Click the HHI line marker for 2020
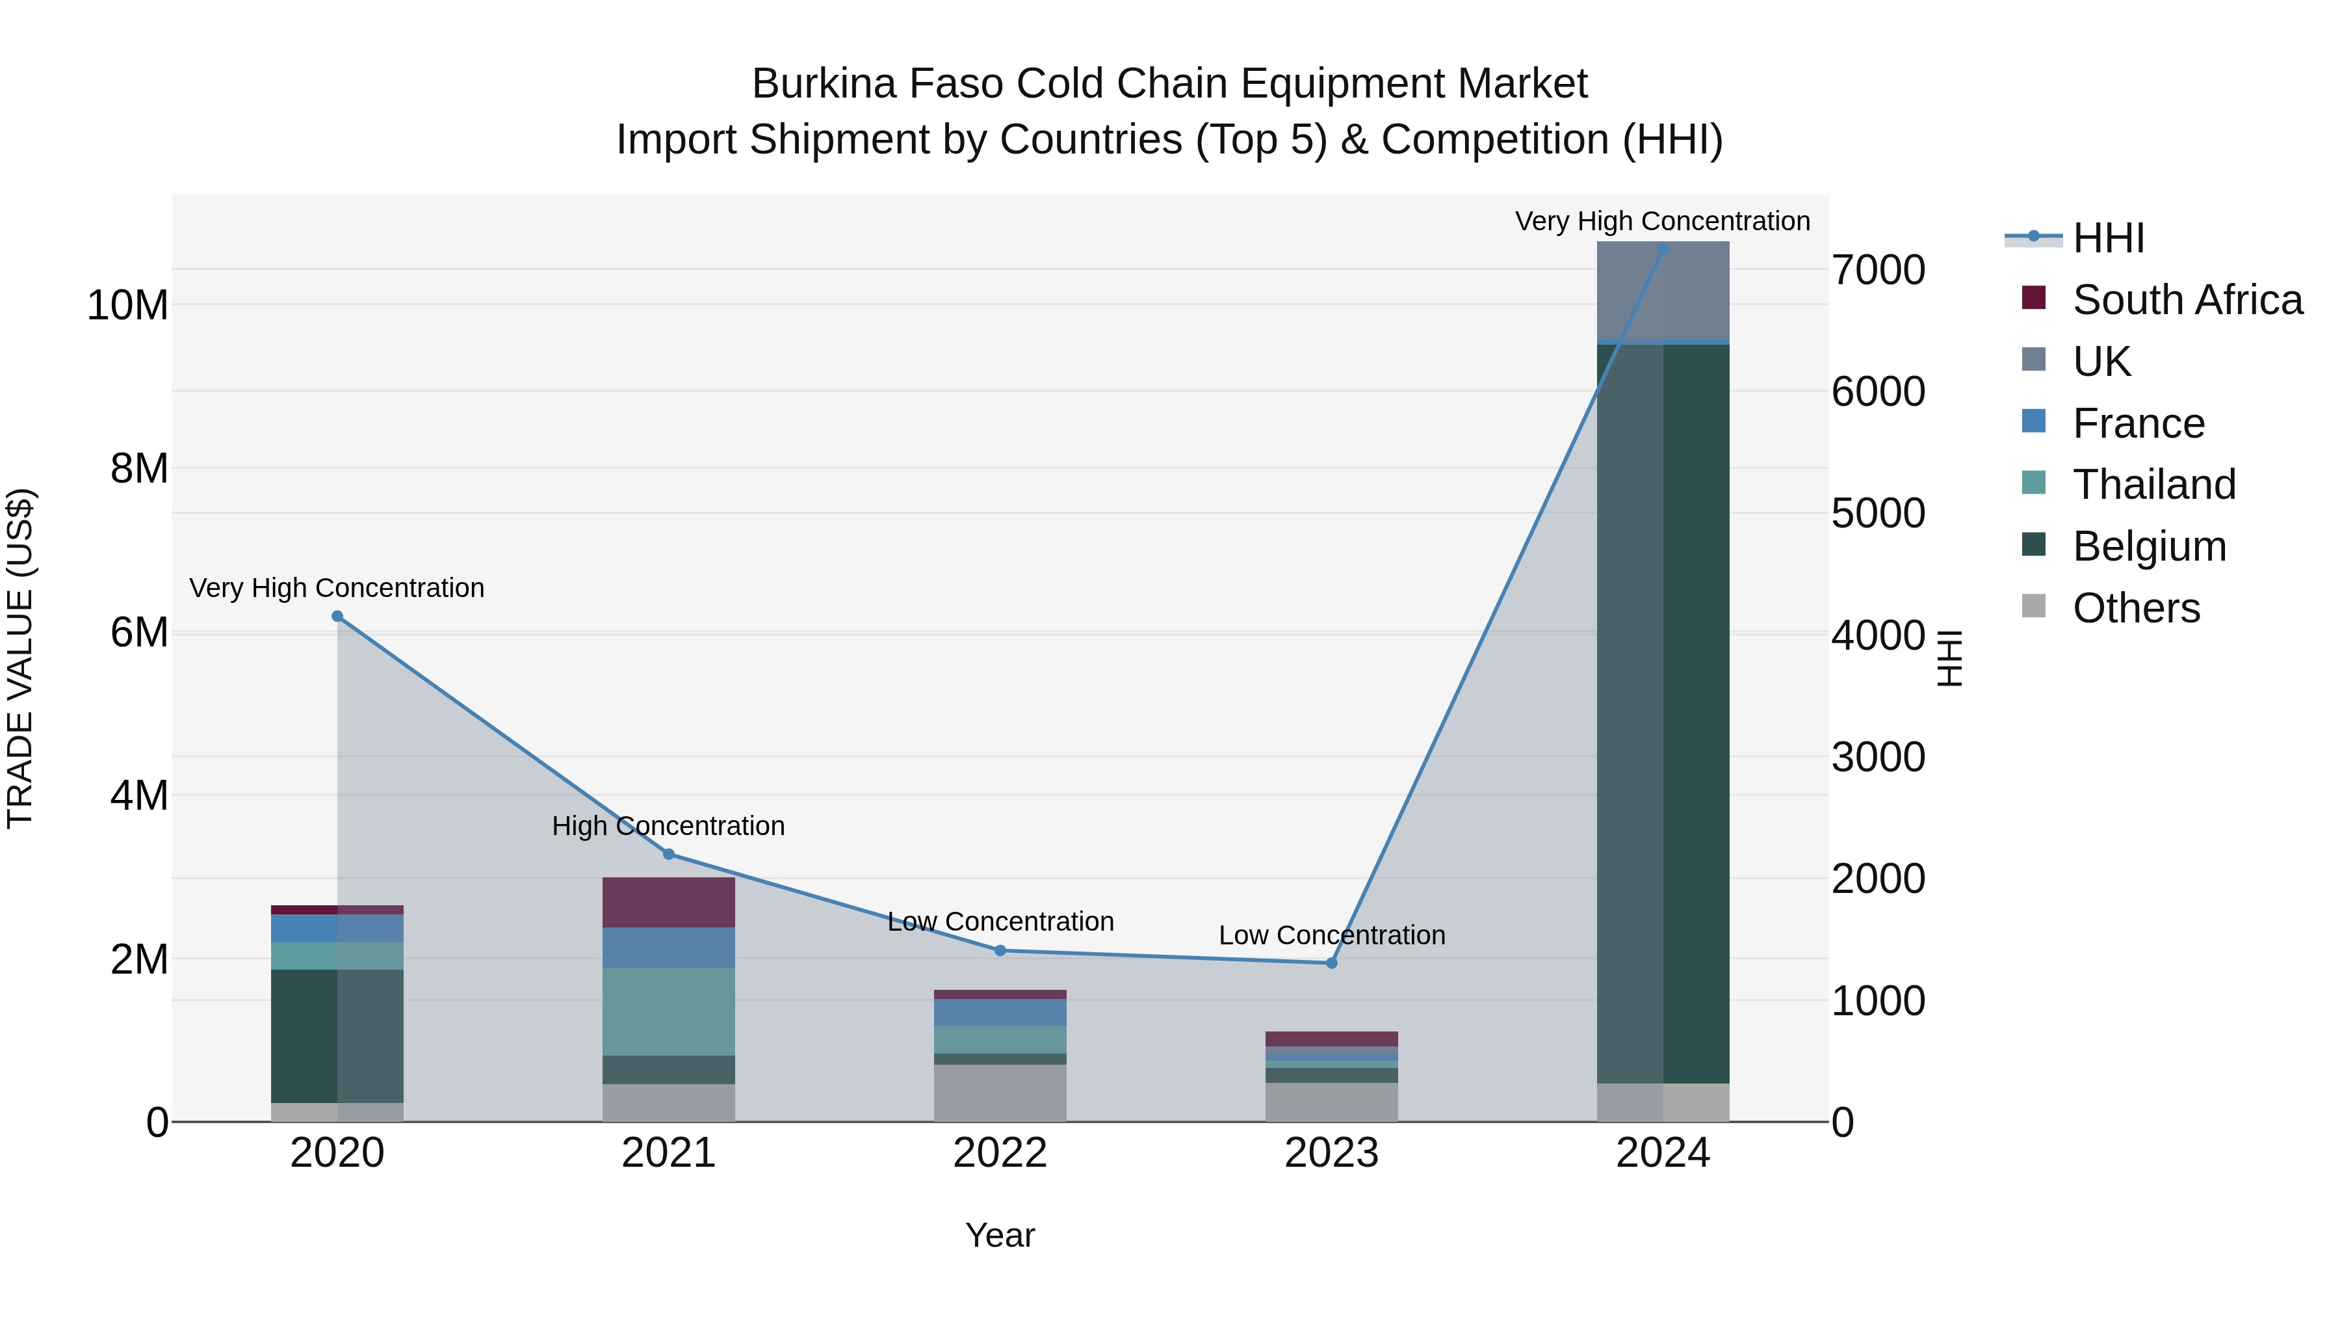point(337,617)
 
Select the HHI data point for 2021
point(669,855)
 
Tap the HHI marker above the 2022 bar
point(1000,951)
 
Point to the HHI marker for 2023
point(1332,963)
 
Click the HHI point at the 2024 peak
point(1663,249)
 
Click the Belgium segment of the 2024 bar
point(1663,713)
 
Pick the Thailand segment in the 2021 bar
point(669,1011)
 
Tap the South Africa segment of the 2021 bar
point(669,903)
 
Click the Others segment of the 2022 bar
point(1000,1093)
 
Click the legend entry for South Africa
point(2187,300)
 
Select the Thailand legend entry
point(2154,485)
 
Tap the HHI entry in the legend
point(2107,238)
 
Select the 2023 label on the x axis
point(1332,1153)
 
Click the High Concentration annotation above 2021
point(669,826)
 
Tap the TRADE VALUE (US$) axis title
point(20,658)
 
